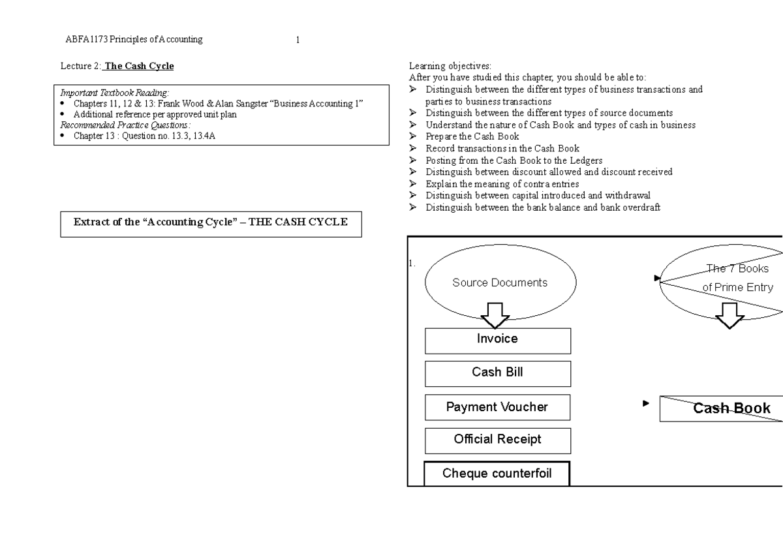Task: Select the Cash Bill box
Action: coord(497,373)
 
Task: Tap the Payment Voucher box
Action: coord(497,407)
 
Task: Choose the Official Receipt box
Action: coord(497,440)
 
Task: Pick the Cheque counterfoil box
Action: coord(497,474)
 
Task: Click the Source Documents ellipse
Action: coord(500,283)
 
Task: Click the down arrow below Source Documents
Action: coord(495,316)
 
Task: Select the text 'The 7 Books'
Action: coord(737,268)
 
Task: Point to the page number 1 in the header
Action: coord(298,40)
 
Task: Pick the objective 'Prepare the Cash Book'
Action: coord(472,136)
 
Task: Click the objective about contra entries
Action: coord(502,184)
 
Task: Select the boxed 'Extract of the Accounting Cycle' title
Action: coord(211,222)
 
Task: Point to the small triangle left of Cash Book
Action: coord(646,403)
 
